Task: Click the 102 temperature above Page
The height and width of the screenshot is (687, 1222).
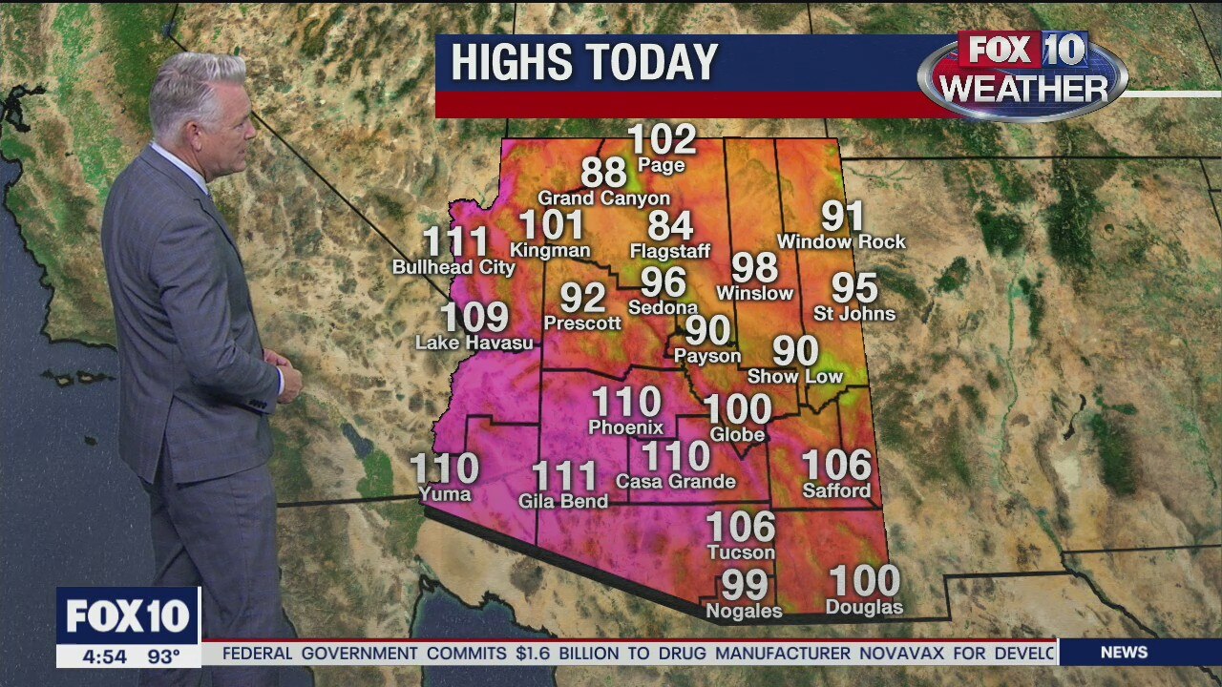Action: click(662, 140)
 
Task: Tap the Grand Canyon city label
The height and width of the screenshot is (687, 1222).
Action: click(603, 198)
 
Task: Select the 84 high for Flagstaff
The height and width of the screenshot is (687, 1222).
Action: click(670, 226)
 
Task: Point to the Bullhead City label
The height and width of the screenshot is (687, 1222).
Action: click(453, 267)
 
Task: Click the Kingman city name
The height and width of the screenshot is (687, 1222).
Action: click(550, 250)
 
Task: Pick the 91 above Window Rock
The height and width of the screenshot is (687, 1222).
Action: click(843, 217)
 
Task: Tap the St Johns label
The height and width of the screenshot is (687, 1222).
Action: click(854, 313)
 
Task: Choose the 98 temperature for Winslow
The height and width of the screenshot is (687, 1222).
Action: click(754, 268)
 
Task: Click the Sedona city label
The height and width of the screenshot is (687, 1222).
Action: click(663, 307)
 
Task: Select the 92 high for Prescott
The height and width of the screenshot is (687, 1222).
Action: click(582, 299)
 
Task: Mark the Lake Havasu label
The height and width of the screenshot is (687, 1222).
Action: click(474, 342)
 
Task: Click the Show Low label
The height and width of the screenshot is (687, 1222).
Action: click(795, 376)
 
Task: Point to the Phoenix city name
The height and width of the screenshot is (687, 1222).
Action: click(625, 427)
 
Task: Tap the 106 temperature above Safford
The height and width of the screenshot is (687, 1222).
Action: click(836, 466)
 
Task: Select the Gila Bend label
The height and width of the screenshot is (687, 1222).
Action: click(563, 501)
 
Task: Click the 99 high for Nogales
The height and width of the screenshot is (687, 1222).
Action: click(745, 584)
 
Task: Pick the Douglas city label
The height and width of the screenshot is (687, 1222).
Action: click(864, 607)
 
